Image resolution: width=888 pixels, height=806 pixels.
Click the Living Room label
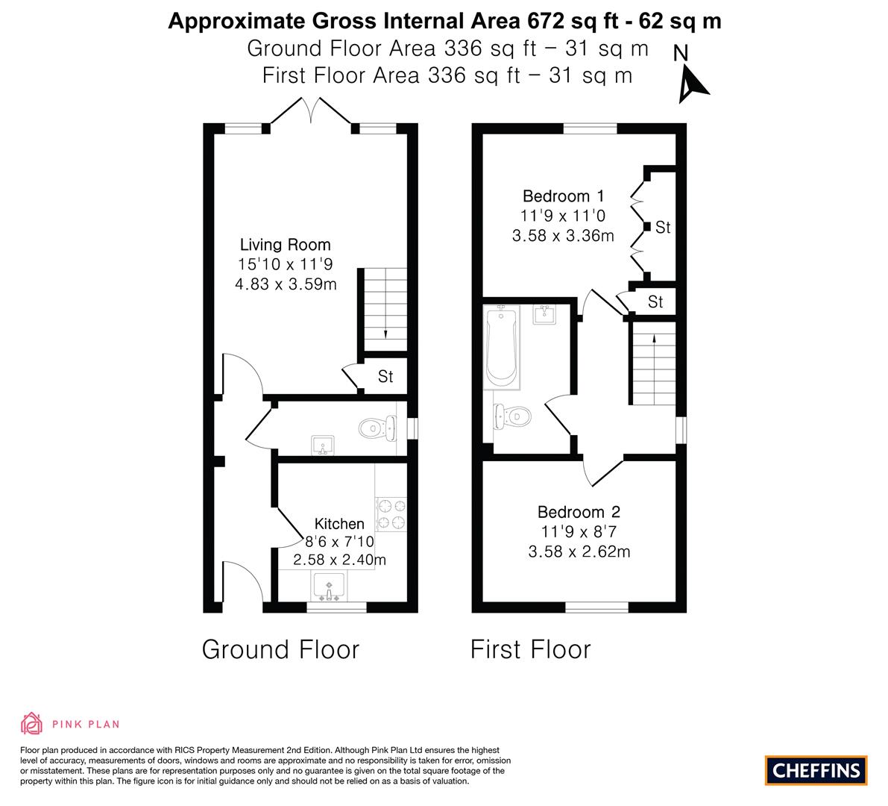coord(286,245)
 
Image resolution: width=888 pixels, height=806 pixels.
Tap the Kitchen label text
coord(339,524)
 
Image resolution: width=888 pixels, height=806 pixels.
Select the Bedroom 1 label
coord(563,196)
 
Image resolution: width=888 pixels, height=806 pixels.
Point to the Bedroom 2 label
coord(579,513)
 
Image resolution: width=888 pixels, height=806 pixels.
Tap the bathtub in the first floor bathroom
coord(503,346)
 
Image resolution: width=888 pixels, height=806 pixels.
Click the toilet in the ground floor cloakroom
coord(378,428)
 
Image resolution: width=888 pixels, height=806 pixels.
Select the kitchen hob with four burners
coord(391,513)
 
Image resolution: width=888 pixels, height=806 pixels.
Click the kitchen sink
coord(329,587)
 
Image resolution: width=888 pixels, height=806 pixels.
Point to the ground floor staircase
coord(385,310)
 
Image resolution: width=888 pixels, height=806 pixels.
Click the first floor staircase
coord(654,363)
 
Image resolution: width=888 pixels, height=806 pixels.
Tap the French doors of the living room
coord(311,112)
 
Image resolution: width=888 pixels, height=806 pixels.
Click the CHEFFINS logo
coord(816,770)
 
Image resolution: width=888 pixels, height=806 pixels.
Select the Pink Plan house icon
coord(32,724)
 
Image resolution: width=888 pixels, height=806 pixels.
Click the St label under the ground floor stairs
coord(385,376)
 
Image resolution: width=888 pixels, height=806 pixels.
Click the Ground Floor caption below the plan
coord(280,649)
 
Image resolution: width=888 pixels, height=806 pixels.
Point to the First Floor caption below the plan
coord(531,649)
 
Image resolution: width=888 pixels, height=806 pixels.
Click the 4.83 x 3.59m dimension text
coord(286,284)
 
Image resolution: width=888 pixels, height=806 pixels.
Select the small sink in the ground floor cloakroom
coord(323,446)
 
